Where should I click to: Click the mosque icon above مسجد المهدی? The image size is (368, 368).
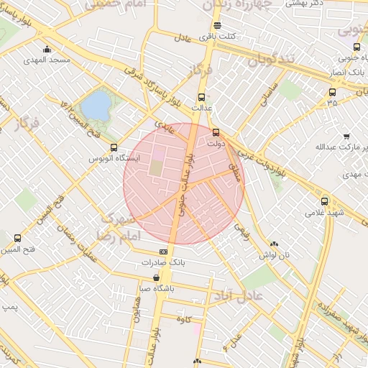tap(47, 50)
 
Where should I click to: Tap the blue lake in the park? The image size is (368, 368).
tap(94, 107)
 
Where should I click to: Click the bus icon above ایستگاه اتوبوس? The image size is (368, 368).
tap(114, 148)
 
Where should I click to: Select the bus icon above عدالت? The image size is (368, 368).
tap(201, 98)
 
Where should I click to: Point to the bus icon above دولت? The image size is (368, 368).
tap(216, 132)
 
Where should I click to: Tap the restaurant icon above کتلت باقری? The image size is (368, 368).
tap(218, 26)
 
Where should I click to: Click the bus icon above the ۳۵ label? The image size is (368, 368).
tap(331, 92)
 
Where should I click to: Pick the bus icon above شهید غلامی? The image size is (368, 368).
tap(325, 202)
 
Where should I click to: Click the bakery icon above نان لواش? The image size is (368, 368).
tap(275, 244)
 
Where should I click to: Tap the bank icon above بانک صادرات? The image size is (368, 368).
tap(163, 252)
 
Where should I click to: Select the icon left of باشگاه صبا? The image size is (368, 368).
tap(157, 278)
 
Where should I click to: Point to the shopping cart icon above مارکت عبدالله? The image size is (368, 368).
tap(346, 137)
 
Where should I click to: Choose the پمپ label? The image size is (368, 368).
tap(9, 306)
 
